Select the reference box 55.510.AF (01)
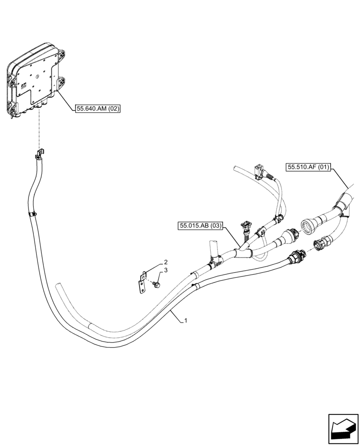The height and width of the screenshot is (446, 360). click(x=308, y=168)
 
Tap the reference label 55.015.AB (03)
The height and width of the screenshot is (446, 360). click(x=201, y=226)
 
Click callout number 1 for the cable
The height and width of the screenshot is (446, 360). click(x=185, y=320)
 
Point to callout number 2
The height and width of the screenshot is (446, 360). click(x=153, y=262)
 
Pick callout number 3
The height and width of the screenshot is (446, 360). click(x=153, y=270)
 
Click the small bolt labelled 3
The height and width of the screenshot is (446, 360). click(x=156, y=284)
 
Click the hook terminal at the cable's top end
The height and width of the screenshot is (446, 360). click(x=39, y=155)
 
